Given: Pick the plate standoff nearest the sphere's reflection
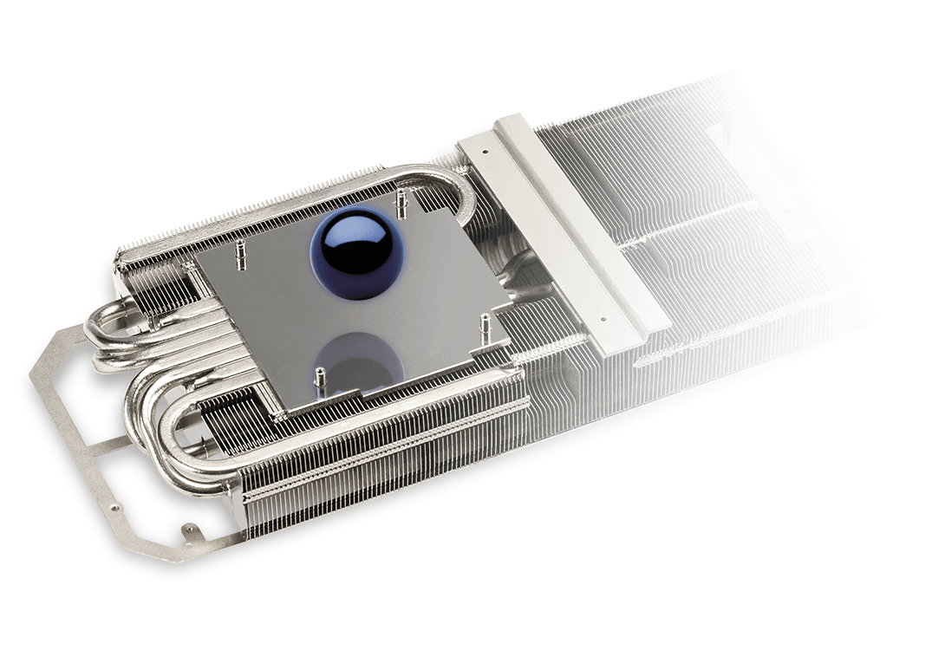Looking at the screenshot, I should pyautogui.click(x=320, y=379).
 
